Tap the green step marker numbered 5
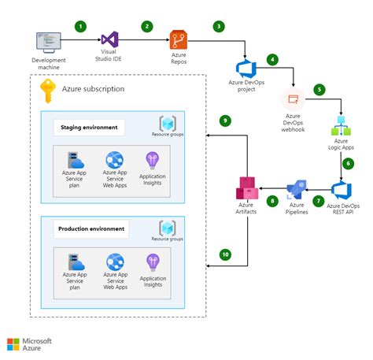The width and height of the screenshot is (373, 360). [x=319, y=89]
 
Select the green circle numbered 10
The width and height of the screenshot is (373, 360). [x=225, y=254]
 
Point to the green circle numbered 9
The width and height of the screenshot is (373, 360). [x=225, y=121]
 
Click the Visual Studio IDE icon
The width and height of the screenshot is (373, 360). [x=110, y=42]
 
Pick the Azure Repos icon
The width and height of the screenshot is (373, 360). [x=179, y=43]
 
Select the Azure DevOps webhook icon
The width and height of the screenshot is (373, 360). [x=293, y=99]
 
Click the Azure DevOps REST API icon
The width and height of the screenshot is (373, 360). [x=342, y=191]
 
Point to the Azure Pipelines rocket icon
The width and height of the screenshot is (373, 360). [x=297, y=190]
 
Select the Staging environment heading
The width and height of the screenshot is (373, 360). [x=89, y=127]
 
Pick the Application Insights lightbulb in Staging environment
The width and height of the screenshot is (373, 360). [x=152, y=160]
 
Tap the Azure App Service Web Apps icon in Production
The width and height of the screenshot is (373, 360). [x=115, y=262]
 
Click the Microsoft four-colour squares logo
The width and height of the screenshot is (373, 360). [x=15, y=344]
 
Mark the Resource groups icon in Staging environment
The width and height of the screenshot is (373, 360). [x=166, y=124]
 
